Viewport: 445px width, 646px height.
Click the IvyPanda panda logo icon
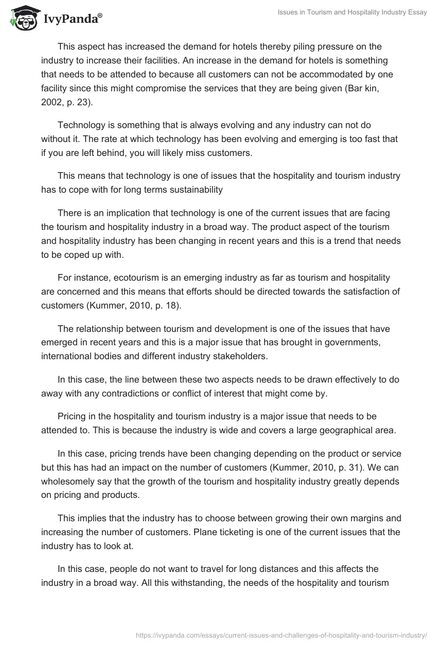tap(22, 18)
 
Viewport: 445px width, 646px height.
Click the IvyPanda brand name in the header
tap(72, 19)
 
